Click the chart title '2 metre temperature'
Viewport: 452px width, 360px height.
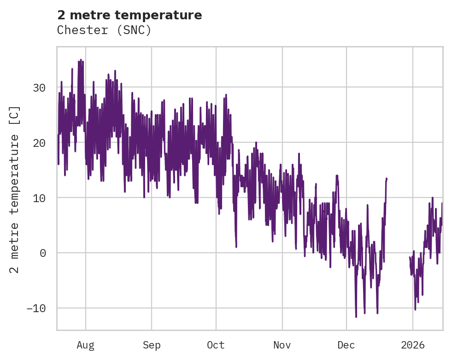(129, 15)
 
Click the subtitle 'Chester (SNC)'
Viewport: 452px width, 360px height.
(104, 30)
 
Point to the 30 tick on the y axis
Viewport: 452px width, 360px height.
(41, 87)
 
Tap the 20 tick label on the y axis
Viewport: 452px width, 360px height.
(41, 143)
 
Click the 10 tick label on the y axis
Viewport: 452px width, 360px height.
(41, 198)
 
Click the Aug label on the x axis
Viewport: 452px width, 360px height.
(85, 345)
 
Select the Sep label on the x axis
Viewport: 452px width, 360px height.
(151, 345)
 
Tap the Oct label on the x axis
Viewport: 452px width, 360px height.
(216, 345)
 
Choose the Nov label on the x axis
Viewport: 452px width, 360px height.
(282, 345)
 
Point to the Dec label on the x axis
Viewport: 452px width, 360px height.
(346, 345)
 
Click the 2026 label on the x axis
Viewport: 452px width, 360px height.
(413, 345)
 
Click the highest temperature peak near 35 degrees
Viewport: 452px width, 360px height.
(81, 60)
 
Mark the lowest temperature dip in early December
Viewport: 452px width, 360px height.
(356, 317)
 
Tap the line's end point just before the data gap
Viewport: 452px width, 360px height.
(387, 178)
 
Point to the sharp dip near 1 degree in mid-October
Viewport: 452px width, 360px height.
(236, 246)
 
